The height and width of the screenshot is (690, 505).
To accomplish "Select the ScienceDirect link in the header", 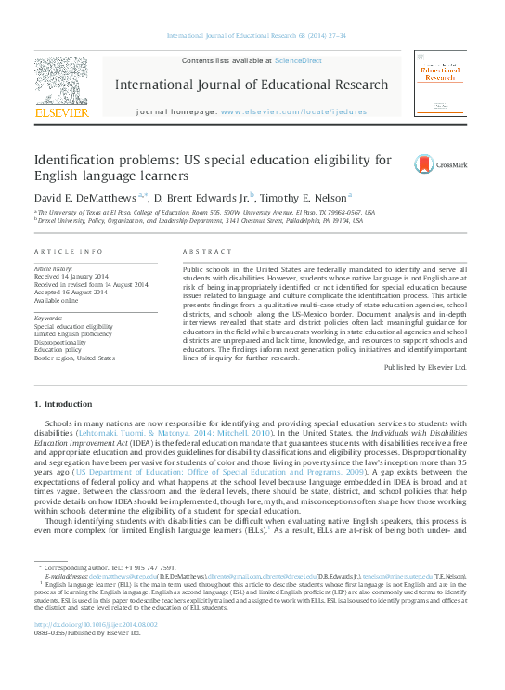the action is click(x=298, y=59).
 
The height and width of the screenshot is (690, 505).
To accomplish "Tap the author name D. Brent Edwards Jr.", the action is click(x=201, y=197).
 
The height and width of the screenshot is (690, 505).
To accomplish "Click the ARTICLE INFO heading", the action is click(x=68, y=252).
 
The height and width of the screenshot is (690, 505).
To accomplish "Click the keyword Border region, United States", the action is click(x=74, y=357).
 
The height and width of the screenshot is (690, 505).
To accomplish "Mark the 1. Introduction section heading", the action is click(x=64, y=404).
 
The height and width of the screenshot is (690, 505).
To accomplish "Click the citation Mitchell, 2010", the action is click(x=246, y=432).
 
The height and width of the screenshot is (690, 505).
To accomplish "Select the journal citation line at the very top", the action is click(x=255, y=36).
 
